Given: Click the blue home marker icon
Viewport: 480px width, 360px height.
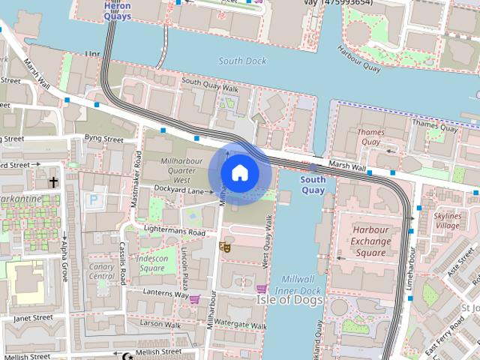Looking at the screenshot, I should [x=239, y=173].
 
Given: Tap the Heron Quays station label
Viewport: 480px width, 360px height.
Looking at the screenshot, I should [x=116, y=10].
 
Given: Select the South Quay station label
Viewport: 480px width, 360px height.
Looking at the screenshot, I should [x=313, y=184].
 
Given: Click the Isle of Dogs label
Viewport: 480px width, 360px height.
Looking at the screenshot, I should [x=290, y=300].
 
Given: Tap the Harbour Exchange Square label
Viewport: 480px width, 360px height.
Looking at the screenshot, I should [x=370, y=241].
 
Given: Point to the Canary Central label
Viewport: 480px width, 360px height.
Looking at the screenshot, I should [x=102, y=270].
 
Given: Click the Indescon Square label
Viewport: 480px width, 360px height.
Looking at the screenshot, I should [x=151, y=263].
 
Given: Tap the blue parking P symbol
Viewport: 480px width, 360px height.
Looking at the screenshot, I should [x=93, y=200].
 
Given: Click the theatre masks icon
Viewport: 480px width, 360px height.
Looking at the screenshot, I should [x=223, y=246].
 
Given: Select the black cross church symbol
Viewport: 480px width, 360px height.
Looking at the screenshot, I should [x=53, y=181].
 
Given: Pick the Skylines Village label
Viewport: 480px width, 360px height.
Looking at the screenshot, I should [x=448, y=220].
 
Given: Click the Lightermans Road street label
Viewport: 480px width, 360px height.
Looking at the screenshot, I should [x=175, y=233].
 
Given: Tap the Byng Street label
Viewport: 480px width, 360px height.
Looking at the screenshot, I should [x=103, y=139].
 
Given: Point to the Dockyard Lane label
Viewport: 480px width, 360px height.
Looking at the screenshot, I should [x=178, y=190].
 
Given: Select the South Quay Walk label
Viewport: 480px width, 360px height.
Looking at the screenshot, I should [x=209, y=85].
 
